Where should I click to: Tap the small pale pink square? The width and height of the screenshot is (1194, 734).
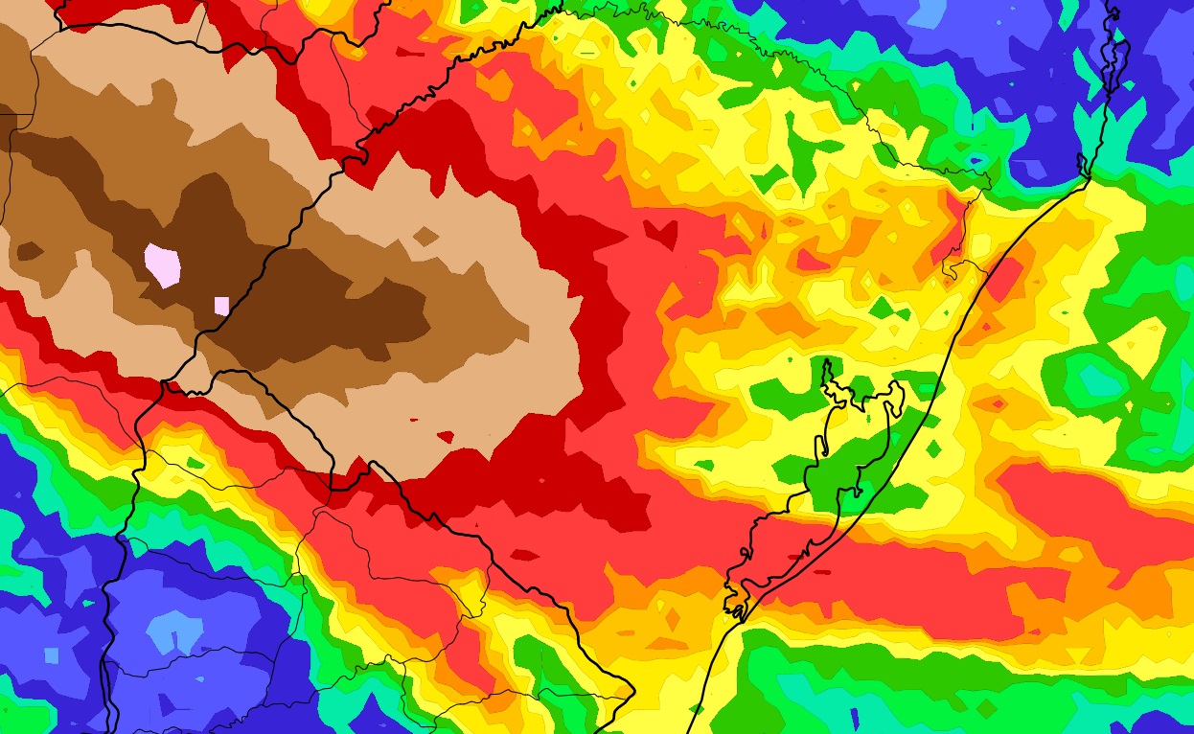[221, 306]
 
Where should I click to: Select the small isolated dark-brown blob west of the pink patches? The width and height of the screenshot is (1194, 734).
[29, 252]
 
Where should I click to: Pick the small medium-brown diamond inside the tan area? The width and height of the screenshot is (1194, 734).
[425, 235]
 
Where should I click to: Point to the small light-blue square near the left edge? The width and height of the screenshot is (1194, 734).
[51, 655]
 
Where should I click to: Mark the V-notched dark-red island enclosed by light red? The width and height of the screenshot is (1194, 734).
[658, 231]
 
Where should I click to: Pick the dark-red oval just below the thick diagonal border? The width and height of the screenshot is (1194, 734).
[524, 555]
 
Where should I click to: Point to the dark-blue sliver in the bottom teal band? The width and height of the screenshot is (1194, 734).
[856, 717]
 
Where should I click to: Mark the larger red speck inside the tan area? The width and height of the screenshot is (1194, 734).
[445, 436]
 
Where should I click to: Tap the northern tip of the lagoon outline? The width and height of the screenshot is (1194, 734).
[826, 362]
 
